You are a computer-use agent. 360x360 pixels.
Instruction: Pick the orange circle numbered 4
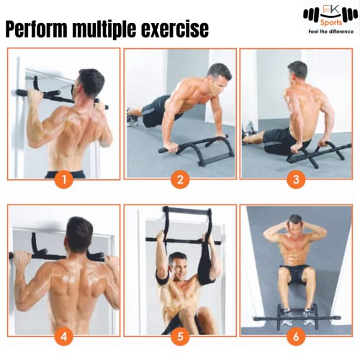pyautogui.click(x=64, y=336)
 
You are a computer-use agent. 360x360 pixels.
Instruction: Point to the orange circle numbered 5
pyautogui.click(x=180, y=336)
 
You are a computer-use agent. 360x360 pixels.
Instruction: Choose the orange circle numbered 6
pyautogui.click(x=295, y=336)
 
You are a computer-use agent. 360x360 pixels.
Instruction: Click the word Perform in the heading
pyautogui.click(x=42, y=29)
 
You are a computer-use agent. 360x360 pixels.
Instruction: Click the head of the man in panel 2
pyautogui.click(x=219, y=73)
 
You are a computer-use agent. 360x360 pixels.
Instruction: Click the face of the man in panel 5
pyautogui.click(x=178, y=262)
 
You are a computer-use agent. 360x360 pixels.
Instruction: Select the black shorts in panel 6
pyautogui.click(x=295, y=274)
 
